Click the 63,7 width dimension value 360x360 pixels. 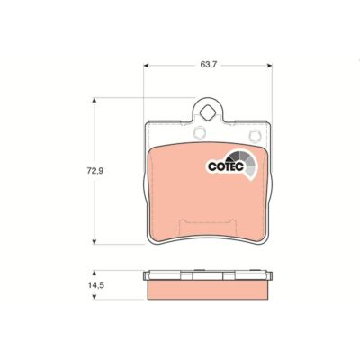[207, 65]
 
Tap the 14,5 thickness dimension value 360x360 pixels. [95, 285]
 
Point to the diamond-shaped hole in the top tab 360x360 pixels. [207, 114]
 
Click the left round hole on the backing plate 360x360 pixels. [199, 133]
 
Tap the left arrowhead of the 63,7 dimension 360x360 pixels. [147, 65]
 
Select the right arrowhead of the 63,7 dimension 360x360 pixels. [269, 65]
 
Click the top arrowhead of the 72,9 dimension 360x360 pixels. [94, 101]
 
